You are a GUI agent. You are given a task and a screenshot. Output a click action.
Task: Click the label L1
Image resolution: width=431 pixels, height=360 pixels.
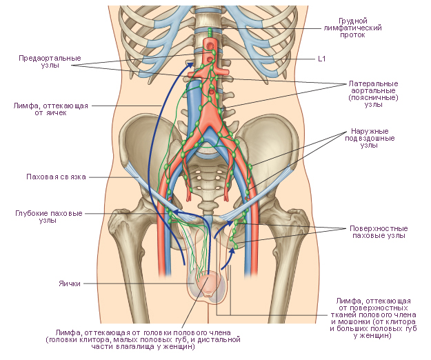click(321, 59)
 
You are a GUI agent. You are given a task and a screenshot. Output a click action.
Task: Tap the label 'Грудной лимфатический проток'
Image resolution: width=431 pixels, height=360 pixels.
click(352, 28)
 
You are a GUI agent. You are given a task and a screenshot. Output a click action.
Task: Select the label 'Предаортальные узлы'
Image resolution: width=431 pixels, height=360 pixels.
click(50, 62)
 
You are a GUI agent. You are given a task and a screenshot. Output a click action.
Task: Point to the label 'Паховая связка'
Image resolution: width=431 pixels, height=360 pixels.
click(56, 177)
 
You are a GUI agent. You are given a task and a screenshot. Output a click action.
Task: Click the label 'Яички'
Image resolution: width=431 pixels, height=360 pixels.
click(70, 283)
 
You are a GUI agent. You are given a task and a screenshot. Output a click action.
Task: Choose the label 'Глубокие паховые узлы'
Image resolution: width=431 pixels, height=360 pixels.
click(49, 217)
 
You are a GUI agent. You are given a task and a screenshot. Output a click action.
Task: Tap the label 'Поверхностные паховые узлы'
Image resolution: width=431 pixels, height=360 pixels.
click(379, 232)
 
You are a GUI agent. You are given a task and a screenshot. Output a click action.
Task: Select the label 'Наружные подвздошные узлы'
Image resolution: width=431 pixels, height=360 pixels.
click(370, 138)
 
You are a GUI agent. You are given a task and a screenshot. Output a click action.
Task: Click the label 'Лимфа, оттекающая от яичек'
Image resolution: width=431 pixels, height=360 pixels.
click(50, 109)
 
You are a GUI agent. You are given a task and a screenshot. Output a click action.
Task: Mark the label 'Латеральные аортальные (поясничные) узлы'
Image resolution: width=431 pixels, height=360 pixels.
click(373, 94)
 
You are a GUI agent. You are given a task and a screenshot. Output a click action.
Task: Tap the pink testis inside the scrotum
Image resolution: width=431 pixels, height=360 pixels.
click(208, 284)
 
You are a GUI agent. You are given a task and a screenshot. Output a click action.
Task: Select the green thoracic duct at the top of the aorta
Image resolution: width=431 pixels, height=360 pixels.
click(210, 33)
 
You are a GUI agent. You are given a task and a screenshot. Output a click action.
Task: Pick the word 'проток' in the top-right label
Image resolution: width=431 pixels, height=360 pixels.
click(352, 35)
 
